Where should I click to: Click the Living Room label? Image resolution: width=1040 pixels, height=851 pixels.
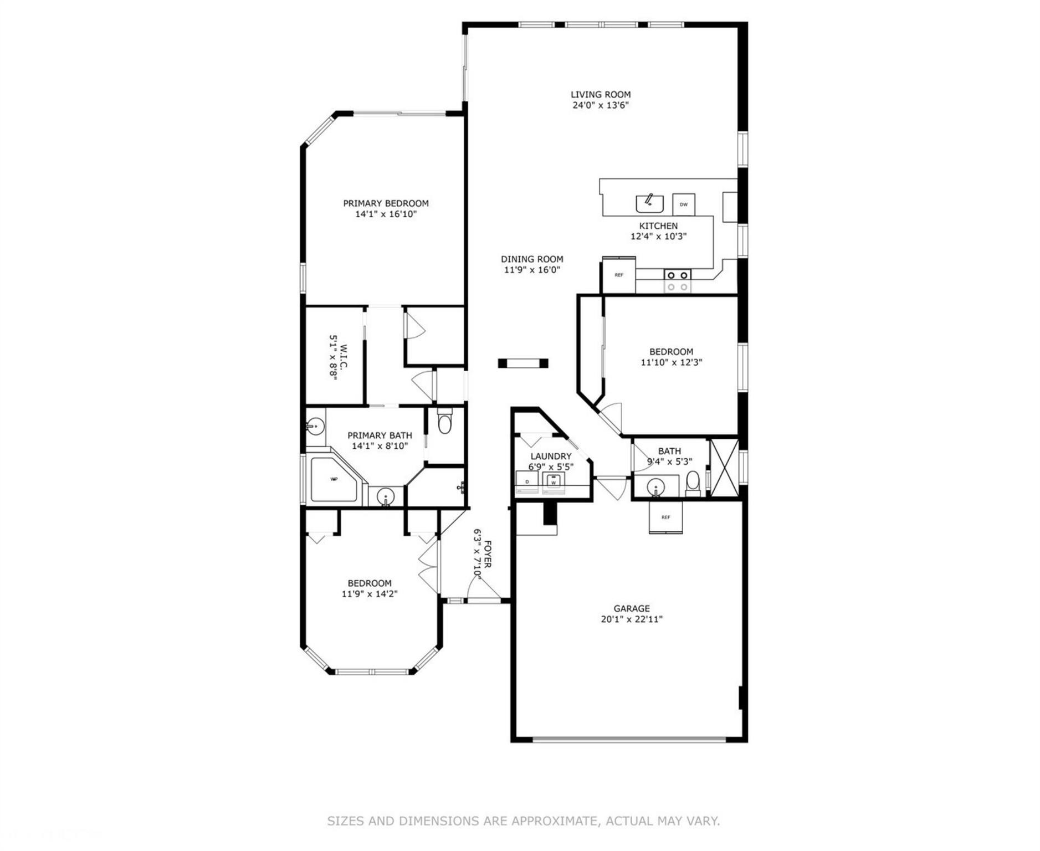click(601, 95)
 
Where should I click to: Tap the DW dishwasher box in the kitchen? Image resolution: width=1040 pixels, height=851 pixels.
click(684, 204)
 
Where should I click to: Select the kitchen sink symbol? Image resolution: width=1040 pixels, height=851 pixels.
click(649, 203)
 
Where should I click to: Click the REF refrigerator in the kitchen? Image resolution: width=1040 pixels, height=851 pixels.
click(619, 275)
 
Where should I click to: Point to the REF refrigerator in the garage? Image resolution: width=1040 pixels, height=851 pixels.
click(665, 517)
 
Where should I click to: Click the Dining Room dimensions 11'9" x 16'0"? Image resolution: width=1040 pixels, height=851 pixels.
click(532, 270)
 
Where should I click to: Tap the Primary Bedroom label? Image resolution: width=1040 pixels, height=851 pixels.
click(386, 203)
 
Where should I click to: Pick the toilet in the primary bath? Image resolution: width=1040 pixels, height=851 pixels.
click(444, 422)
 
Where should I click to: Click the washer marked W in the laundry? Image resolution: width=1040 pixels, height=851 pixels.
click(553, 482)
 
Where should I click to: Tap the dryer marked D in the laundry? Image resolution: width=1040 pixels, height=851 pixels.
click(527, 482)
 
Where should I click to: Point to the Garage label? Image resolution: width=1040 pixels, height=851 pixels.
click(632, 608)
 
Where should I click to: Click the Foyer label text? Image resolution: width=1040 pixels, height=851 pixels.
click(488, 554)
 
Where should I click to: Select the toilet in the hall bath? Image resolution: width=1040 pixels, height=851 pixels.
click(693, 483)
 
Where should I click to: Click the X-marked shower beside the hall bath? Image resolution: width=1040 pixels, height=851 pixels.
click(724, 467)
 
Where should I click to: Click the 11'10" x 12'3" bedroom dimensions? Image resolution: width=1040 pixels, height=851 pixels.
click(672, 362)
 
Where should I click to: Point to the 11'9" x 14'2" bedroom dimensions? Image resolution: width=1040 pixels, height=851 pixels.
click(370, 594)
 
